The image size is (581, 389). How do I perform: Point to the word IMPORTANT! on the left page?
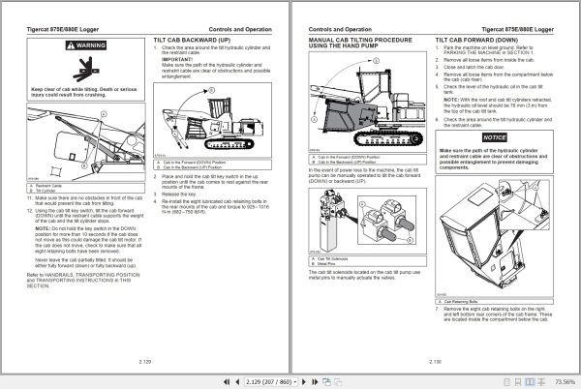click(x=177, y=58)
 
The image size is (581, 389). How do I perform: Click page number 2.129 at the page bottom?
click(x=145, y=359)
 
